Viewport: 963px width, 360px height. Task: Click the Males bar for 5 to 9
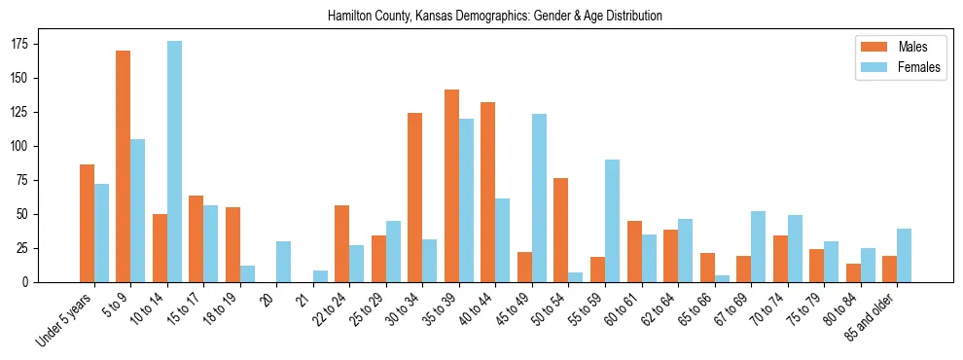pyautogui.click(x=124, y=166)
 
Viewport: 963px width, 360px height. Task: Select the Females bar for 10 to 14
pyautogui.click(x=174, y=162)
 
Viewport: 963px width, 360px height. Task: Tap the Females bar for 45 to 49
pyautogui.click(x=539, y=198)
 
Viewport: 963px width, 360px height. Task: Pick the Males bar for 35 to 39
pyautogui.click(x=451, y=186)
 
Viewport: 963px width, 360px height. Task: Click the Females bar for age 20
pyautogui.click(x=283, y=262)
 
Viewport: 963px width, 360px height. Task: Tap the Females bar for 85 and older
pyautogui.click(x=904, y=256)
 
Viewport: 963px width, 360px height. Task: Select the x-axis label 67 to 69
pyautogui.click(x=735, y=307)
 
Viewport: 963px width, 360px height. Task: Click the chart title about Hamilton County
pyautogui.click(x=495, y=16)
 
